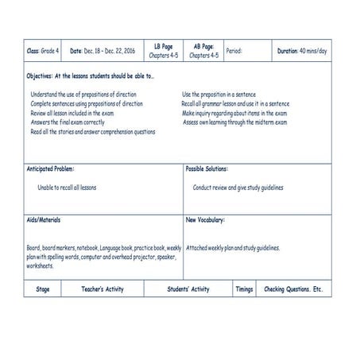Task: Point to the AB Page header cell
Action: point(203,51)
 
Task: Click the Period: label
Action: point(234,51)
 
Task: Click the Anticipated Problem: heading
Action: point(50,169)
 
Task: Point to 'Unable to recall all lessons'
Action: point(67,188)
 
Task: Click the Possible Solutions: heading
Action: point(207,169)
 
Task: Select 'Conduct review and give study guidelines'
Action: point(238,188)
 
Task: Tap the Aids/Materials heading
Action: point(44,219)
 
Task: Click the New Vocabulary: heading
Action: point(205,219)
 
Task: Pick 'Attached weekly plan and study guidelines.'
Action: point(233,248)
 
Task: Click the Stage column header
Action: point(43,289)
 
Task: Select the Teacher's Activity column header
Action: point(103,289)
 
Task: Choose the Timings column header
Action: point(244,289)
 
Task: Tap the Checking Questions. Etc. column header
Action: point(293,289)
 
